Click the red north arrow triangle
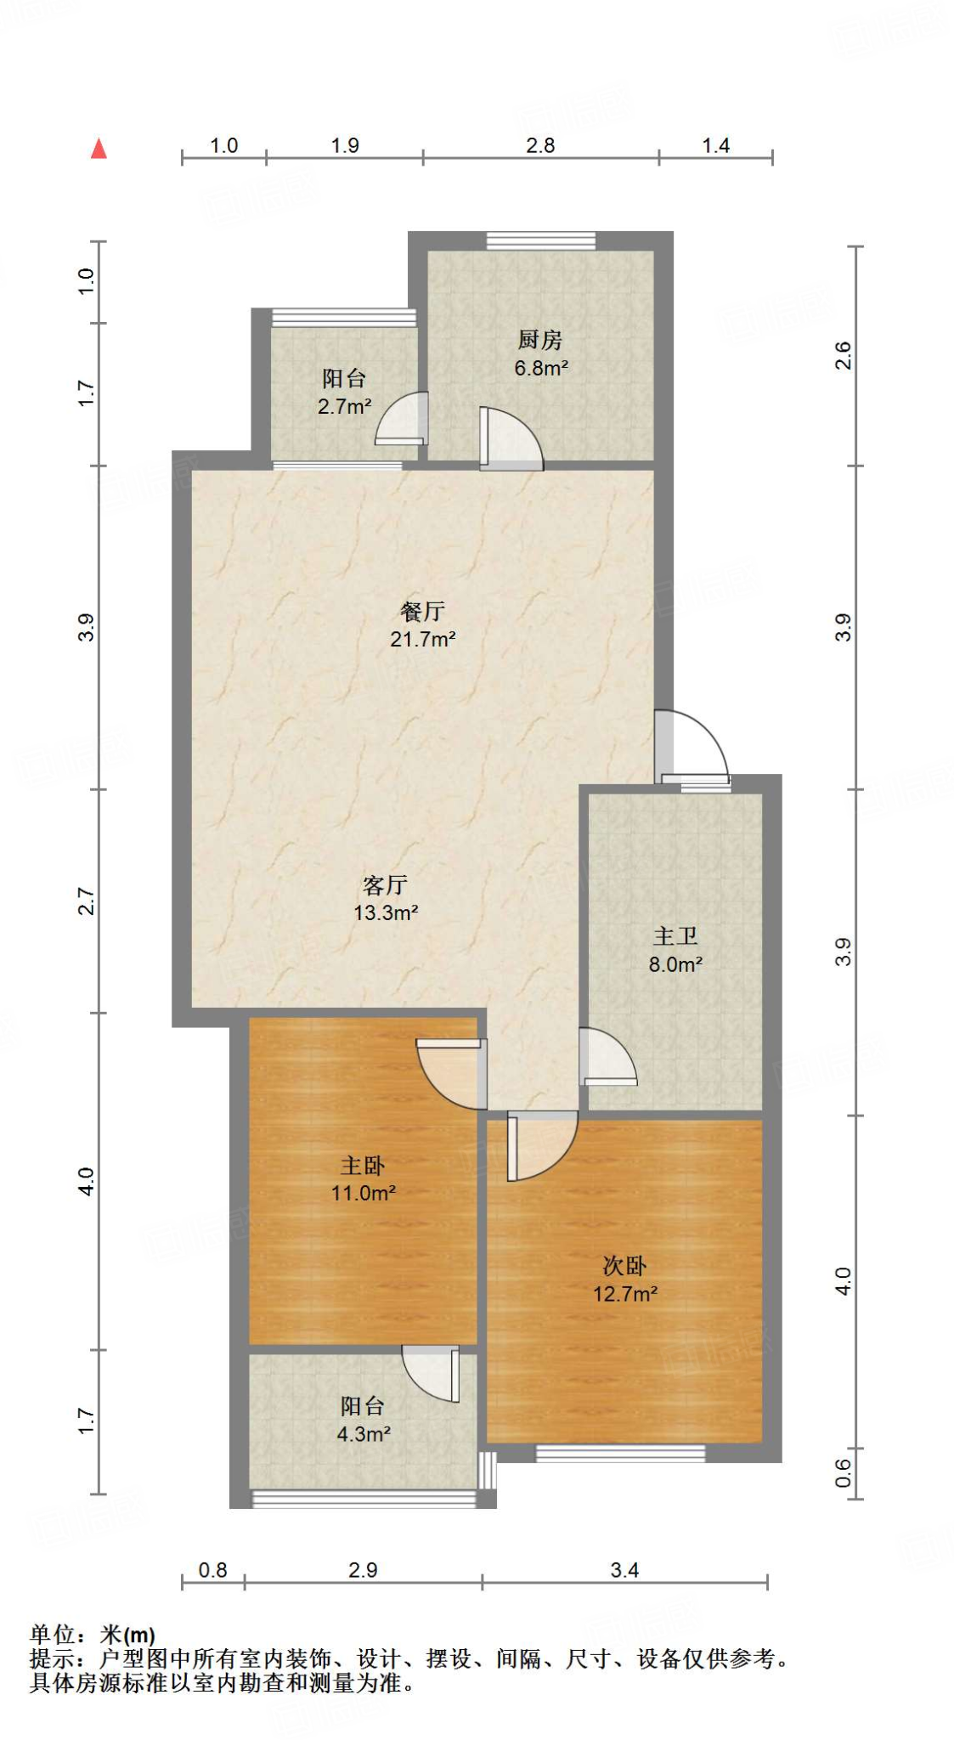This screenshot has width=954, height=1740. (99, 150)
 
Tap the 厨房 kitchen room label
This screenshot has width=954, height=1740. (539, 340)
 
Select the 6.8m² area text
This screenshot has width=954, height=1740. (540, 368)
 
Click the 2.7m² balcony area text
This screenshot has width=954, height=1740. (344, 406)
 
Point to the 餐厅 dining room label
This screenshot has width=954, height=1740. (422, 611)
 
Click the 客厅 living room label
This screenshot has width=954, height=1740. (385, 885)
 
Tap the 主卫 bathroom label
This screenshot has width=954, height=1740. (675, 936)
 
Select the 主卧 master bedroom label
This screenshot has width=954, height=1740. (363, 1165)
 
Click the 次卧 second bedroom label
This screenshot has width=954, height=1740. (624, 1266)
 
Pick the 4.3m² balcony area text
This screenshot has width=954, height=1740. (364, 1434)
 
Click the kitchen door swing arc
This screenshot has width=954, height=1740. (512, 438)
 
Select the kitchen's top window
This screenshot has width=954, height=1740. (540, 241)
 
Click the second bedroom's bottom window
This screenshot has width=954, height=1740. (620, 1454)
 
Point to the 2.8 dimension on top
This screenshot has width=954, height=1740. (540, 145)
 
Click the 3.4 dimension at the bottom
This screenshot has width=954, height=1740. (624, 1570)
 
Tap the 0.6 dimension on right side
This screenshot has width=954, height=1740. (843, 1473)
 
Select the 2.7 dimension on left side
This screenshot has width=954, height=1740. (86, 901)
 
